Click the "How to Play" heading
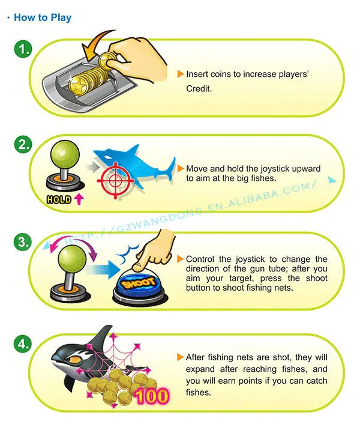click(x=42, y=17)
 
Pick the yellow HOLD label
click(x=58, y=199)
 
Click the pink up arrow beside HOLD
click(x=78, y=199)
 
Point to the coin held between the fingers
click(x=109, y=58)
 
